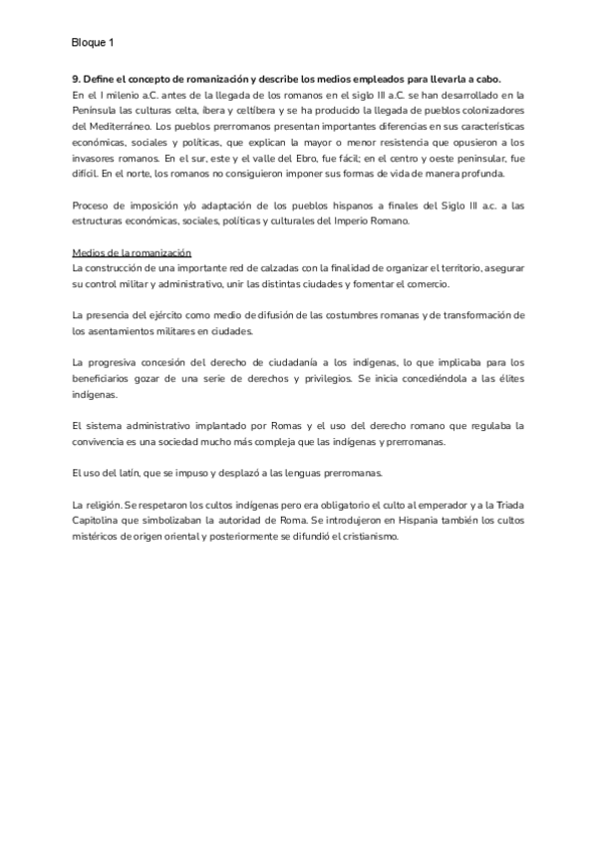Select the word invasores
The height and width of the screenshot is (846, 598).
[99, 160]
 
